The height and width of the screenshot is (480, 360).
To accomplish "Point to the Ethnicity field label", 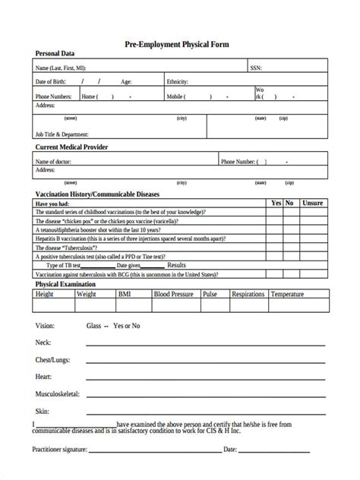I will pos(177,82).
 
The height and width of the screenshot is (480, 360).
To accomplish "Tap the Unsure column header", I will pos(312,204).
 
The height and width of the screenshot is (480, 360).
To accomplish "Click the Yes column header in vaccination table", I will pos(276,204).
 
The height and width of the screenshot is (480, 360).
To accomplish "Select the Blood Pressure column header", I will pos(174,293).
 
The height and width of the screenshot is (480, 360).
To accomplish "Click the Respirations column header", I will pos(248,293).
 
